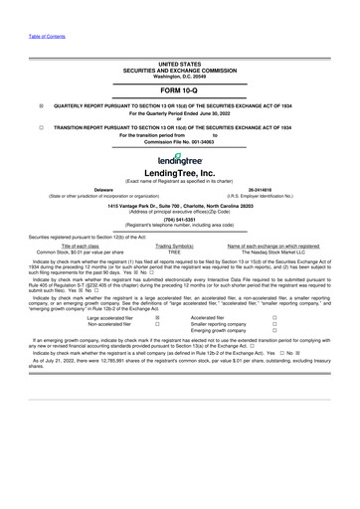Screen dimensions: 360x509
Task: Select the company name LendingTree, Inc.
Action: coord(179,173)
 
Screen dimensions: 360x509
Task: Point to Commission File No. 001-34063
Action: coord(179,142)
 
